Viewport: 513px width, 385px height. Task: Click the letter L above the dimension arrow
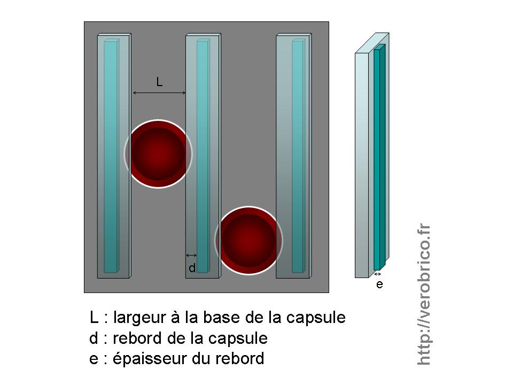coord(159,82)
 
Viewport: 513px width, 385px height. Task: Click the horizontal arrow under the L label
coord(159,93)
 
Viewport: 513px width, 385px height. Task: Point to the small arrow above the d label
coord(191,255)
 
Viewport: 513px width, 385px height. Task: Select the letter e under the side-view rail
coord(379,284)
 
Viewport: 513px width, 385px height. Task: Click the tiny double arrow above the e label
coord(377,274)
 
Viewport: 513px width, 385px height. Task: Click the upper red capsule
coord(158,154)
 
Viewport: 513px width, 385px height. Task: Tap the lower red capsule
coord(248,240)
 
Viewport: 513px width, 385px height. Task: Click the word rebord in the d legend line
coord(137,338)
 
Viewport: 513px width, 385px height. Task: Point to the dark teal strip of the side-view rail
coord(378,160)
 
